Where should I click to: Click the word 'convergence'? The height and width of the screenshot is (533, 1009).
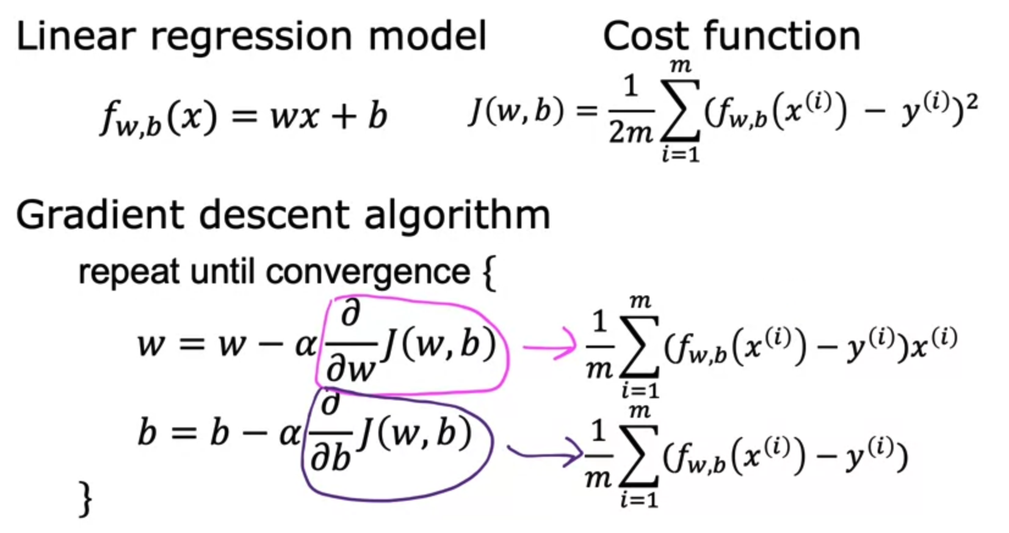click(x=368, y=272)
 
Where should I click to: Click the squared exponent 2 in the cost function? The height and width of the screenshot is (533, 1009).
click(x=972, y=101)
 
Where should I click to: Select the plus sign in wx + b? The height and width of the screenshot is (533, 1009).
click(x=344, y=116)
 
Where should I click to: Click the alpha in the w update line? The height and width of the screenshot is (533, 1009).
click(x=305, y=346)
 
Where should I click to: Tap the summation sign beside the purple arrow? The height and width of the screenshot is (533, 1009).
click(x=639, y=455)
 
